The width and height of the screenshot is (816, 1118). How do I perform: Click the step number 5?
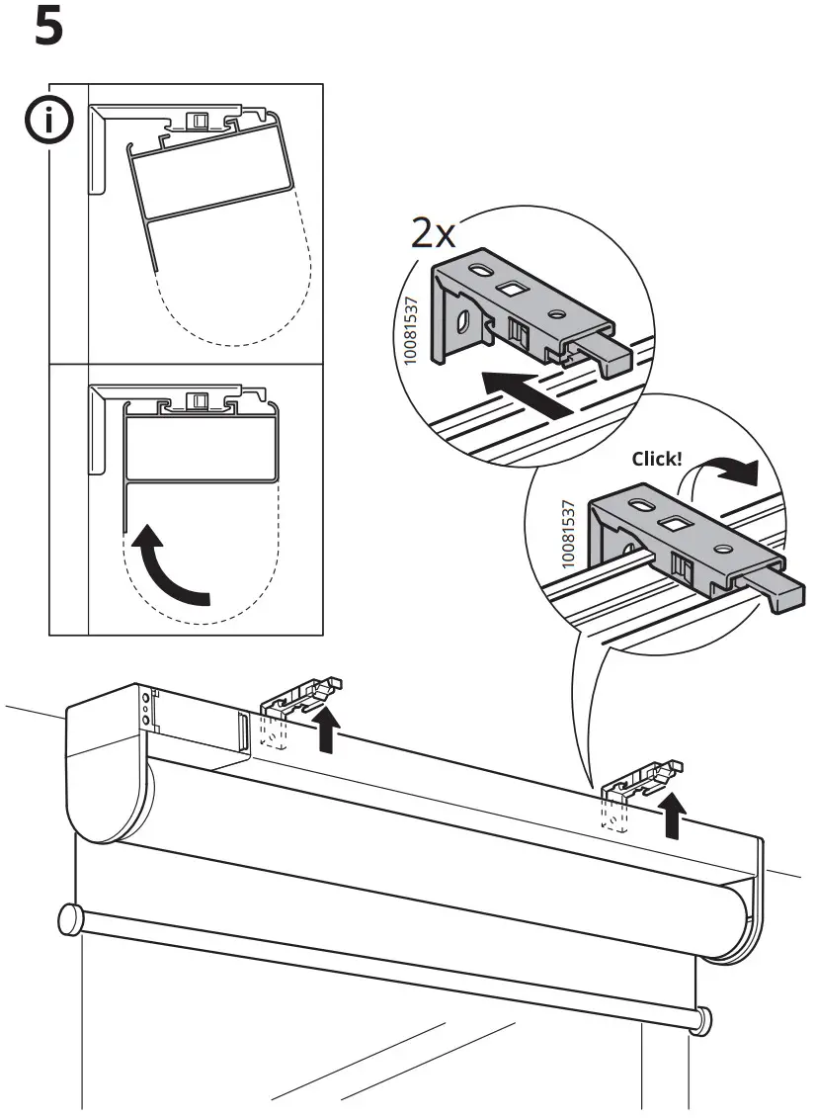point(48,27)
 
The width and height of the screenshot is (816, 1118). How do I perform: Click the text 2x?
point(434,234)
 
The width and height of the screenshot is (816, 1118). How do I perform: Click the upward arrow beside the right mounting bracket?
point(674,814)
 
